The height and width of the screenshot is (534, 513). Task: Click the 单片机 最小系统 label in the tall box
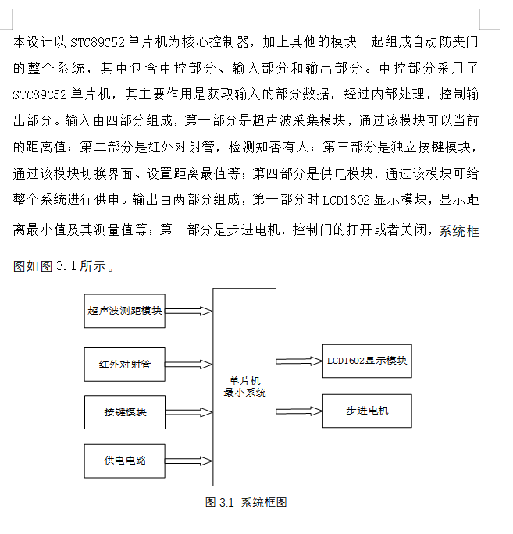[x=244, y=386]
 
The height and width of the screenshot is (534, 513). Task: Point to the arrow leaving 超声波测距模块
[x=189, y=311]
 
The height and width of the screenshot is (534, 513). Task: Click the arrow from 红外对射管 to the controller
[x=189, y=365]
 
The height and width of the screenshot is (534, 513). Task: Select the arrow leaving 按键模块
[x=189, y=412]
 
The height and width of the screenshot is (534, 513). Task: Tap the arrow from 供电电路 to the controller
[x=189, y=461]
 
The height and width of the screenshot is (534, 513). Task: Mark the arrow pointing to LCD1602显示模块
[x=299, y=361]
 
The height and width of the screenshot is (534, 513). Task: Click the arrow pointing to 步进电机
[x=299, y=411]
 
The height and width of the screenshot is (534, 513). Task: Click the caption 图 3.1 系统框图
[x=246, y=502]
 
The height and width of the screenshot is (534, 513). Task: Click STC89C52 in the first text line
[x=98, y=43]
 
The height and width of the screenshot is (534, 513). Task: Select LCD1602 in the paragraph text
[x=346, y=200]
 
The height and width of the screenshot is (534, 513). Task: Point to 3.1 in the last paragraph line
[x=66, y=266]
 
